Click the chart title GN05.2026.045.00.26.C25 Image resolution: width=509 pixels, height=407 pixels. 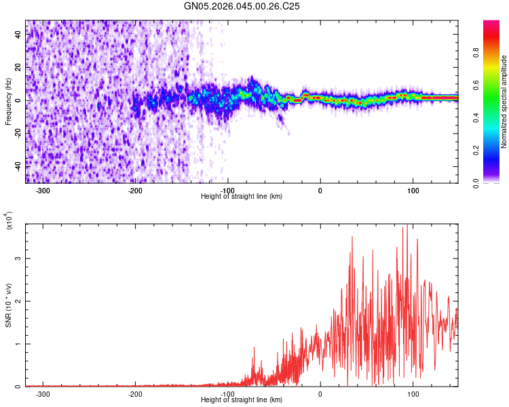[242, 6]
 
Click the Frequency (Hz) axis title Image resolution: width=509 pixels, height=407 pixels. [8, 102]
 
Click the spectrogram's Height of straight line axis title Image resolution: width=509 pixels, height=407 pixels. [242, 197]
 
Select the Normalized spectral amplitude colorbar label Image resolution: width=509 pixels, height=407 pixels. [504, 102]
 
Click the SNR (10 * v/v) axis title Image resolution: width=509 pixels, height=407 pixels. [8, 305]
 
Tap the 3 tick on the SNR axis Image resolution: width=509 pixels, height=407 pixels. [18, 258]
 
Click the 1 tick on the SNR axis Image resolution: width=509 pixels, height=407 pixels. [18, 344]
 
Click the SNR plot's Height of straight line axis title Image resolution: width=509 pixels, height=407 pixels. [242, 400]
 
